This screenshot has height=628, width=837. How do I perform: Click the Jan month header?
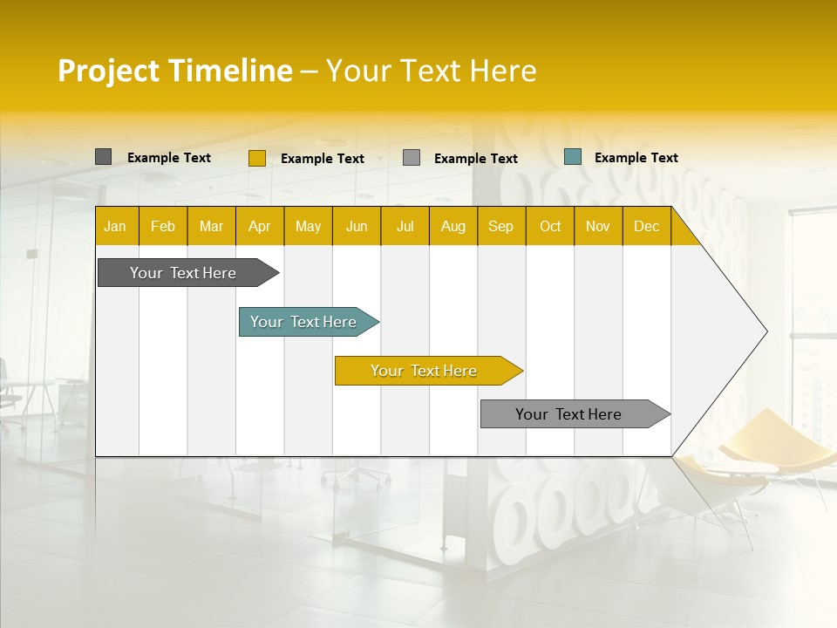tap(116, 226)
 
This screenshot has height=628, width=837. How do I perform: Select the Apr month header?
tap(260, 226)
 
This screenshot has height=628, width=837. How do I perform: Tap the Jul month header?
tap(405, 226)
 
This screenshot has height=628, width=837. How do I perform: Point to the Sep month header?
tap(500, 226)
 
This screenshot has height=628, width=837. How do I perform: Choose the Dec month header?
tap(646, 226)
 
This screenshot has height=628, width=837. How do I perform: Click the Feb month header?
tap(163, 226)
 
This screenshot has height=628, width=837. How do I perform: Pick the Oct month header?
tap(550, 226)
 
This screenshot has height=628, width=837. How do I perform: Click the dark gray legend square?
tap(103, 157)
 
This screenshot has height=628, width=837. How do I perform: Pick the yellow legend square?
tap(256, 158)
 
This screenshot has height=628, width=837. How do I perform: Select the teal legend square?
tap(572, 157)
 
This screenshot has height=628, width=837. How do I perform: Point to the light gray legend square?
tap(412, 158)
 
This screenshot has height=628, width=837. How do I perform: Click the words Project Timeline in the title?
tap(174, 71)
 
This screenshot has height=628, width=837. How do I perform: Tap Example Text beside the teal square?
tap(636, 158)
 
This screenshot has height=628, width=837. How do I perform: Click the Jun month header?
tap(357, 226)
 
